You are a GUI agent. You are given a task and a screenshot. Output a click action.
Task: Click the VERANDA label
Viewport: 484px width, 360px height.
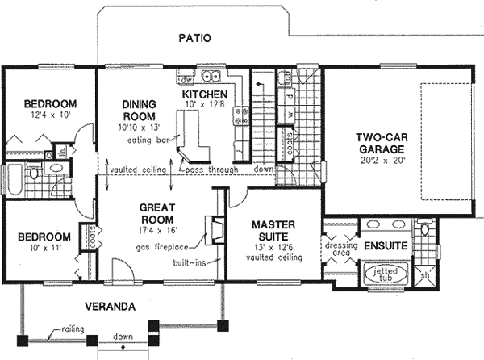(x=111, y=307)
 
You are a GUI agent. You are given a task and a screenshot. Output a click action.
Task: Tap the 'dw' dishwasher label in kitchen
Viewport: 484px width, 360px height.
(x=185, y=79)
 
